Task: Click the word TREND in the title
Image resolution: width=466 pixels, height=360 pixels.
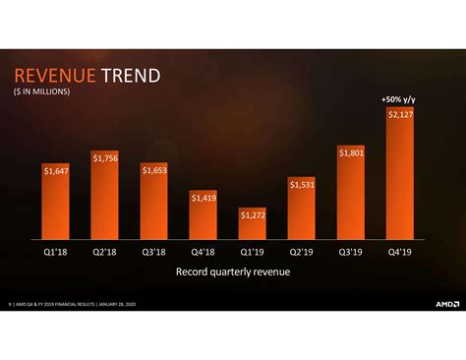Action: (x=129, y=77)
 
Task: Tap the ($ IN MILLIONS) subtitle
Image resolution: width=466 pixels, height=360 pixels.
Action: (x=42, y=92)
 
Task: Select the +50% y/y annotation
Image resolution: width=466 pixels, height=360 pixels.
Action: (x=398, y=99)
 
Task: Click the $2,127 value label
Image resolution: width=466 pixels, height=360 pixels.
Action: (x=400, y=115)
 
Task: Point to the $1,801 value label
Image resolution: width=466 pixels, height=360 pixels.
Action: (x=351, y=152)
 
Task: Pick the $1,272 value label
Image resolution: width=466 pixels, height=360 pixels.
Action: (x=253, y=213)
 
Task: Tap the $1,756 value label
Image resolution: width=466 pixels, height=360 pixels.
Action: (x=106, y=158)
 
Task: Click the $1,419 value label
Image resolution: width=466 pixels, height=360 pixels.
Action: (x=204, y=197)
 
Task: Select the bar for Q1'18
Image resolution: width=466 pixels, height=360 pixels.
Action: (x=57, y=207)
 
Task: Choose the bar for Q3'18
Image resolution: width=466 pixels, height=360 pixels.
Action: (x=155, y=207)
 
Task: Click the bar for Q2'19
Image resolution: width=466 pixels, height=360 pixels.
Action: (x=302, y=211)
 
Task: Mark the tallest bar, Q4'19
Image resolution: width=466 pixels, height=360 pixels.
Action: (x=400, y=177)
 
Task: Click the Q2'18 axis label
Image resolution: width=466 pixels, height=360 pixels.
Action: (x=106, y=251)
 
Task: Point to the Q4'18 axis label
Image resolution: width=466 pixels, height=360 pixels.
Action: (x=204, y=251)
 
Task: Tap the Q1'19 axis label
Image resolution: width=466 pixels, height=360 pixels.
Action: (x=253, y=251)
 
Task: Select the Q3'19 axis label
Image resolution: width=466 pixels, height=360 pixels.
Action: (x=351, y=251)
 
